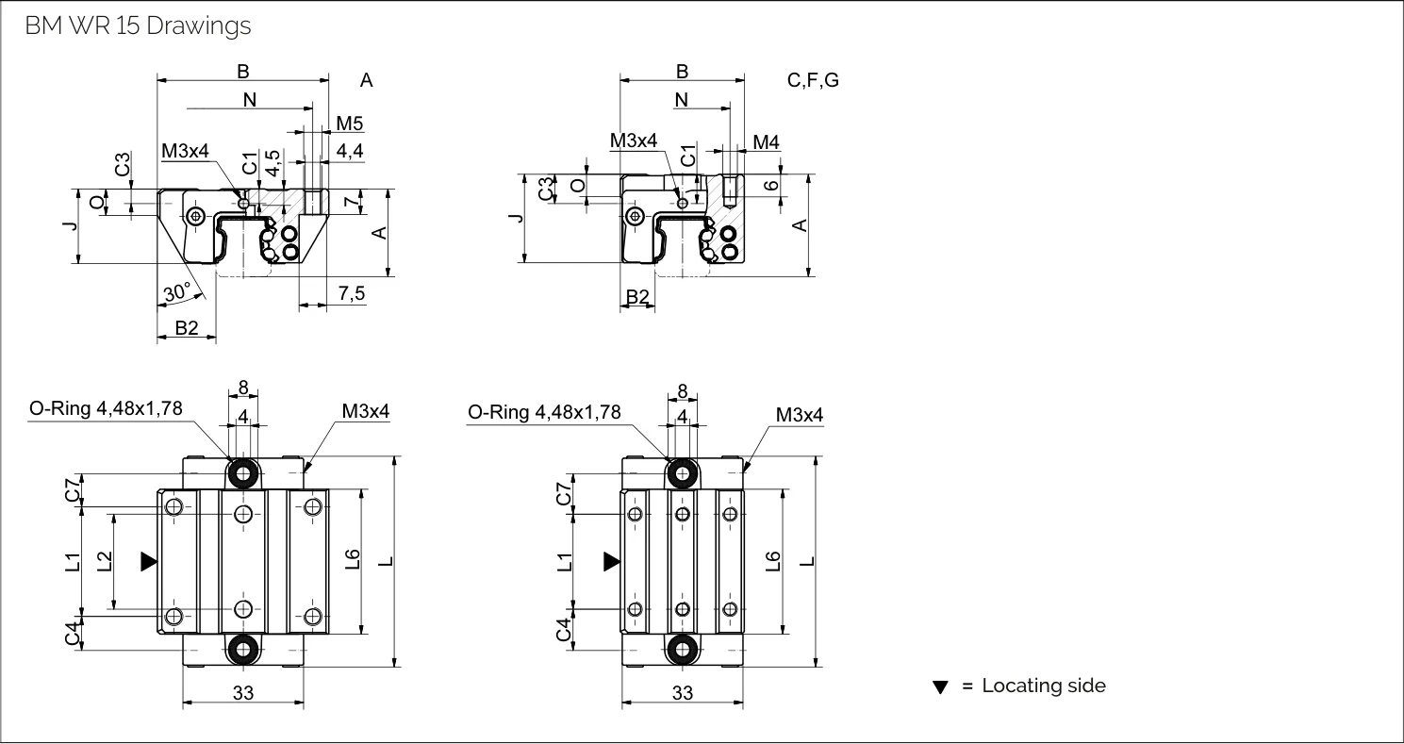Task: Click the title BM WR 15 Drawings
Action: pyautogui.click(x=138, y=25)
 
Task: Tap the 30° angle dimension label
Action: pyautogui.click(x=176, y=292)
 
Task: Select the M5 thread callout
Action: pyautogui.click(x=349, y=124)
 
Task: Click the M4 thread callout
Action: pyautogui.click(x=766, y=142)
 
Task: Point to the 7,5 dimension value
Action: pyautogui.click(x=352, y=293)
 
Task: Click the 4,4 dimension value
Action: pyautogui.click(x=350, y=151)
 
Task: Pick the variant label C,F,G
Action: pyautogui.click(x=813, y=80)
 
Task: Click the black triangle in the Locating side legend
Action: pyautogui.click(x=940, y=687)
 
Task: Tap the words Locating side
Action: pyautogui.click(x=1044, y=686)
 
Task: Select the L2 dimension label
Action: pyautogui.click(x=105, y=561)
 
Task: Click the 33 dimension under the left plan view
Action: pyautogui.click(x=243, y=693)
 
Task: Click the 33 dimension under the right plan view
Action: pyautogui.click(x=683, y=693)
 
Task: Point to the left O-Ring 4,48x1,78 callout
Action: pyautogui.click(x=106, y=408)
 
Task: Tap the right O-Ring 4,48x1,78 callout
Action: pyautogui.click(x=544, y=412)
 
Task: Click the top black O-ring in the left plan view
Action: pyautogui.click(x=243, y=472)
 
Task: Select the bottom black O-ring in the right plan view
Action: pyautogui.click(x=683, y=649)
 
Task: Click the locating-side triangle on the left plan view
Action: pyautogui.click(x=149, y=562)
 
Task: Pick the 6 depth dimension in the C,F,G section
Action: pyautogui.click(x=771, y=186)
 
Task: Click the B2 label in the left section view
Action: pyautogui.click(x=186, y=328)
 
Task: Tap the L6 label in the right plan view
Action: pyautogui.click(x=773, y=561)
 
